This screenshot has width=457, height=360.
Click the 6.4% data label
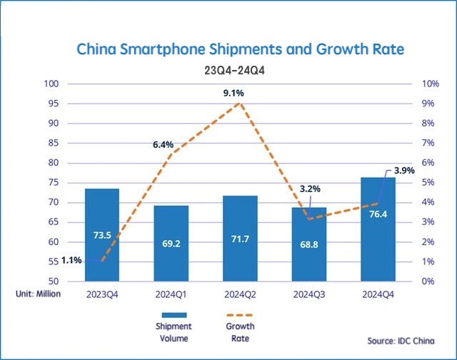click(163, 144)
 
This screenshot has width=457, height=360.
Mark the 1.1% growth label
click(71, 260)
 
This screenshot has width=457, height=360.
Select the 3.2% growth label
click(310, 189)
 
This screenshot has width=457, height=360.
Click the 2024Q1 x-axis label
click(171, 293)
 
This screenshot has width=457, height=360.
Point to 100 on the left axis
click(51, 84)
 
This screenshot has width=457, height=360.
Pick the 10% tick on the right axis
click(430, 84)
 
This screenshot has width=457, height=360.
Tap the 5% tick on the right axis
click(428, 183)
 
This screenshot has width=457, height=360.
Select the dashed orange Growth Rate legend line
click(240, 314)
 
